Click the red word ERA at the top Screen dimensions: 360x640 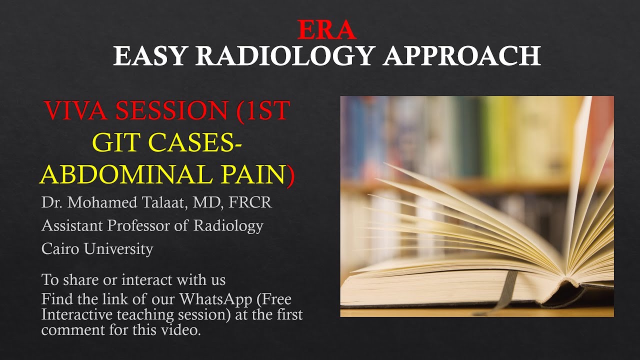pos(326,30)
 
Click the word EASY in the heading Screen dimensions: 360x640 pos(153,55)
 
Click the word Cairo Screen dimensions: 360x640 pos(59,248)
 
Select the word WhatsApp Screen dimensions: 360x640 pos(215,300)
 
